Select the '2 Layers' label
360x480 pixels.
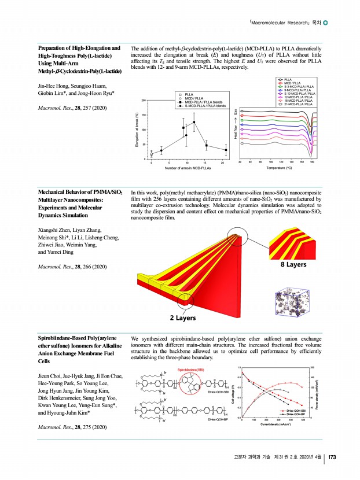click(182, 317)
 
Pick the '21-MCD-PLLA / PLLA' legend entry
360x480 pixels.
click(299, 104)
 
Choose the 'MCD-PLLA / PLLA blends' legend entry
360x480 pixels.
click(203, 102)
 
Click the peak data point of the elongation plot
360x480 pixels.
click(194, 122)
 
